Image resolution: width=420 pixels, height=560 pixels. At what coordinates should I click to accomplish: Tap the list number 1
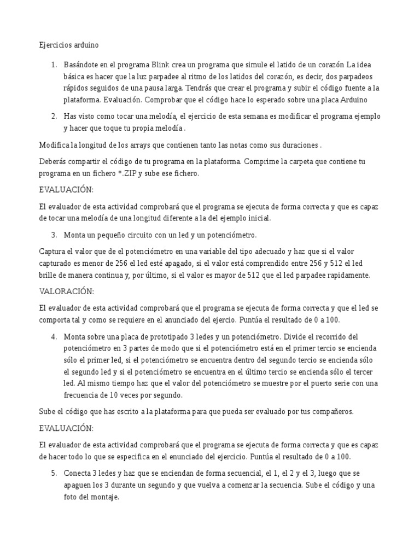54,66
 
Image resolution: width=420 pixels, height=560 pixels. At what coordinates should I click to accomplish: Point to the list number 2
54,116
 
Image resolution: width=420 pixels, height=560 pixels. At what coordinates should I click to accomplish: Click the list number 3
54,235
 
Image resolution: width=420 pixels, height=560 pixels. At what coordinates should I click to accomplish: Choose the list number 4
54,336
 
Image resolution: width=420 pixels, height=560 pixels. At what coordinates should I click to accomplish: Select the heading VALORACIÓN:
67,290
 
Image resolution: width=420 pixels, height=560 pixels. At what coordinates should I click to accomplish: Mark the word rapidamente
343,275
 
